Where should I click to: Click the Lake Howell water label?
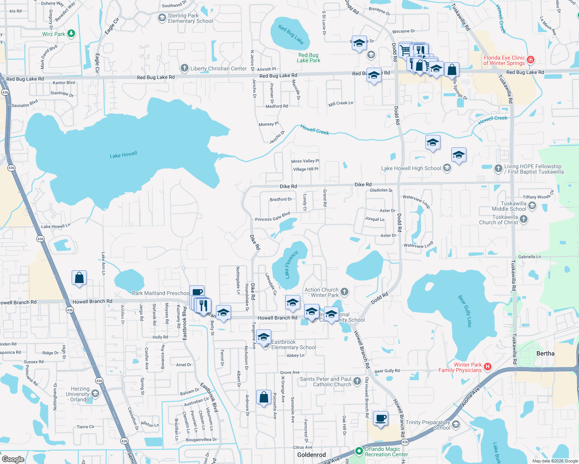click(x=123, y=155)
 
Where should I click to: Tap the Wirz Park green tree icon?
click(x=71, y=34)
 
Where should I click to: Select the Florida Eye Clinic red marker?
click(x=531, y=60)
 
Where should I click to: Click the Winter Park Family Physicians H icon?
click(x=488, y=367)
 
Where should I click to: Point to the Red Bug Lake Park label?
click(x=308, y=58)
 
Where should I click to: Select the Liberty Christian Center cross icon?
click(x=184, y=68)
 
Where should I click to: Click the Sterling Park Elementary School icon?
click(x=162, y=18)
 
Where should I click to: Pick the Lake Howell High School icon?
click(x=447, y=168)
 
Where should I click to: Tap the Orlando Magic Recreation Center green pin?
click(x=359, y=451)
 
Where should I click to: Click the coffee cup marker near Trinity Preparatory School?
click(x=381, y=419)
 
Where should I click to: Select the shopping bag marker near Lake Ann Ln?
click(x=79, y=278)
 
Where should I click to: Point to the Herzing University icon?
click(x=95, y=394)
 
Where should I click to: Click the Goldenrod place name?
click(x=311, y=455)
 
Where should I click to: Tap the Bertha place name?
click(x=545, y=353)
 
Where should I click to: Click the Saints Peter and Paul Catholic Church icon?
click(x=357, y=381)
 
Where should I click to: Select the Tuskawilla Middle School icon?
click(x=532, y=206)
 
